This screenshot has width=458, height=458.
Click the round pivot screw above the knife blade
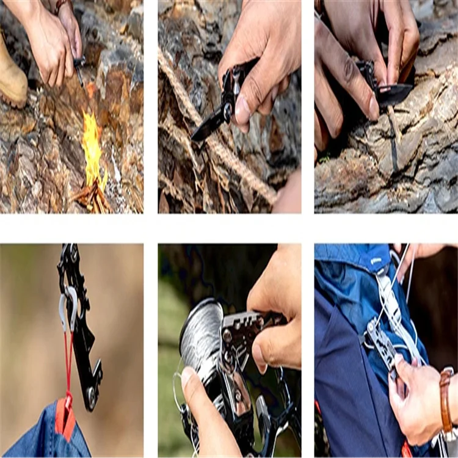click(227, 110)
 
